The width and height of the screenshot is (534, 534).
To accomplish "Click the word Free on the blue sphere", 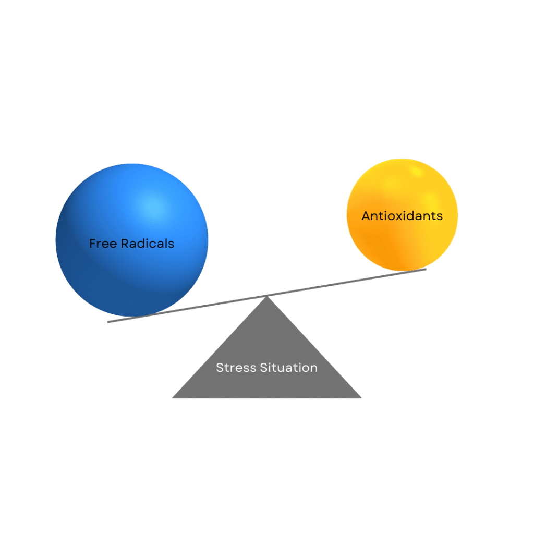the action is click(103, 244).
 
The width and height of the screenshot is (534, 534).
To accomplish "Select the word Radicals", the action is click(148, 244).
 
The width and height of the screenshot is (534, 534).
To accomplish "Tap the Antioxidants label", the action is click(402, 216).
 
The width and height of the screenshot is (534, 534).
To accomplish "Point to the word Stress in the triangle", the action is click(236, 368).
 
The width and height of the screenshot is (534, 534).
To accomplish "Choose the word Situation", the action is click(289, 368).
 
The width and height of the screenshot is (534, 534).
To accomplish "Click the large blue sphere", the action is click(132, 240).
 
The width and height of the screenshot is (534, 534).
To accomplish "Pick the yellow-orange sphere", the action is click(402, 214).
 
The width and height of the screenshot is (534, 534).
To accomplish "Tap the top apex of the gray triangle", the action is click(267, 296).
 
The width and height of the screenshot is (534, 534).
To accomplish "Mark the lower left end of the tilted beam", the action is click(108, 321).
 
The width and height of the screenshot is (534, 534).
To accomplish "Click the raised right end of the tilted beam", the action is click(426, 270).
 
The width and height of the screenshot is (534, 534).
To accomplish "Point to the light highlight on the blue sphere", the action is click(155, 207).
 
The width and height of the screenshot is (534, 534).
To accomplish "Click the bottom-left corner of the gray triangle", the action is click(173, 397).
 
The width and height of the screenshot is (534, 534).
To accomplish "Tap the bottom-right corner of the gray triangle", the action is click(361, 397).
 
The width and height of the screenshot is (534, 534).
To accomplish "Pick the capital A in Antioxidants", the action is click(367, 216).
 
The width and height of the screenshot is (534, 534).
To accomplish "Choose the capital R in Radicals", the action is click(125, 244).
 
